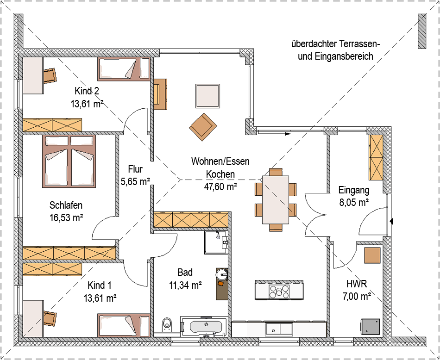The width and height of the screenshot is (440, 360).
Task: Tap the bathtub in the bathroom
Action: [x=204, y=326]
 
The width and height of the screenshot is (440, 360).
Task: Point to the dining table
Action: [x=276, y=199]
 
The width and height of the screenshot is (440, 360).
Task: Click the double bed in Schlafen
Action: [x=69, y=161]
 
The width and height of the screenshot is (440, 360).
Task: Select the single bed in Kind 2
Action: [x=124, y=69]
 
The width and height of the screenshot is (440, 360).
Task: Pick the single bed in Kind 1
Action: [x=124, y=325]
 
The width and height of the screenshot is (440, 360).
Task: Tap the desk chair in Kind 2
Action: [x=50, y=75]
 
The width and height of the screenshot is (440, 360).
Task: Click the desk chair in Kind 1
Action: [x=50, y=318]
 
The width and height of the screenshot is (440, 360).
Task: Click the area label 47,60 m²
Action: [x=220, y=186]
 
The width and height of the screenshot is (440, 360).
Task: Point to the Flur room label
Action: [x=135, y=169]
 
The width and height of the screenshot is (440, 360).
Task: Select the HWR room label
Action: [x=357, y=284]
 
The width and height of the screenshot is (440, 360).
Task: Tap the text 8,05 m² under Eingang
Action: [x=354, y=202]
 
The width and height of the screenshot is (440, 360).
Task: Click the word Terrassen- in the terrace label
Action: [x=359, y=44]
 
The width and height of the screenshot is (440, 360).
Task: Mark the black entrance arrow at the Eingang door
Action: [x=391, y=222]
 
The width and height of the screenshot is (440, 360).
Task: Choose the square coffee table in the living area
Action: [x=207, y=96]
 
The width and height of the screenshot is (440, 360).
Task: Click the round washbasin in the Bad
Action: [x=222, y=274]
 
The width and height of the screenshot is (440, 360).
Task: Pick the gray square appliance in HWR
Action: [x=370, y=327]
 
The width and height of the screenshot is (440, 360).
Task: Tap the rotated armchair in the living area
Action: [x=203, y=127]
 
